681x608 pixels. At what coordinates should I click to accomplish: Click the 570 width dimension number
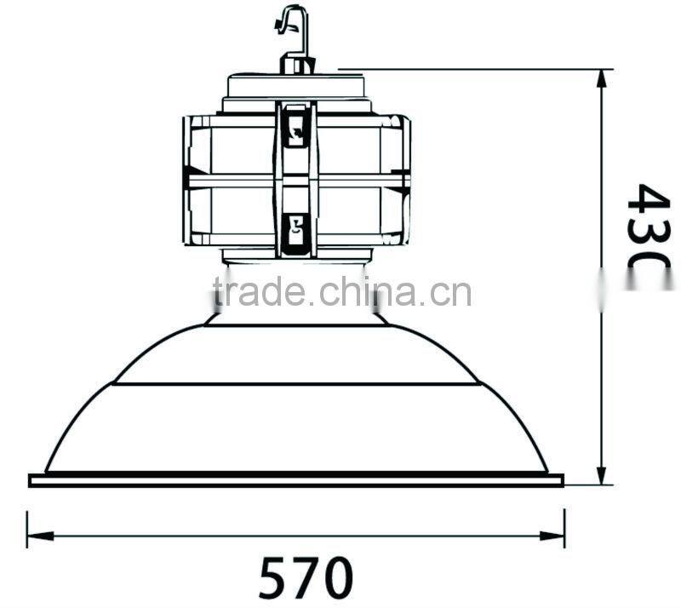tap(305, 577)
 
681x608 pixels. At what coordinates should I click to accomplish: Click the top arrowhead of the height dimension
tap(602, 78)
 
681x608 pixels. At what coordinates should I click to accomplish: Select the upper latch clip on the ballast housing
tap(295, 126)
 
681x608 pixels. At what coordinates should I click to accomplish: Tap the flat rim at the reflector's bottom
tap(296, 481)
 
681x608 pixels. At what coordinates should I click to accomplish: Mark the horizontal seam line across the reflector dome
tap(295, 384)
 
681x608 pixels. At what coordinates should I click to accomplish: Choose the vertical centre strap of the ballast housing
tap(295, 179)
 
